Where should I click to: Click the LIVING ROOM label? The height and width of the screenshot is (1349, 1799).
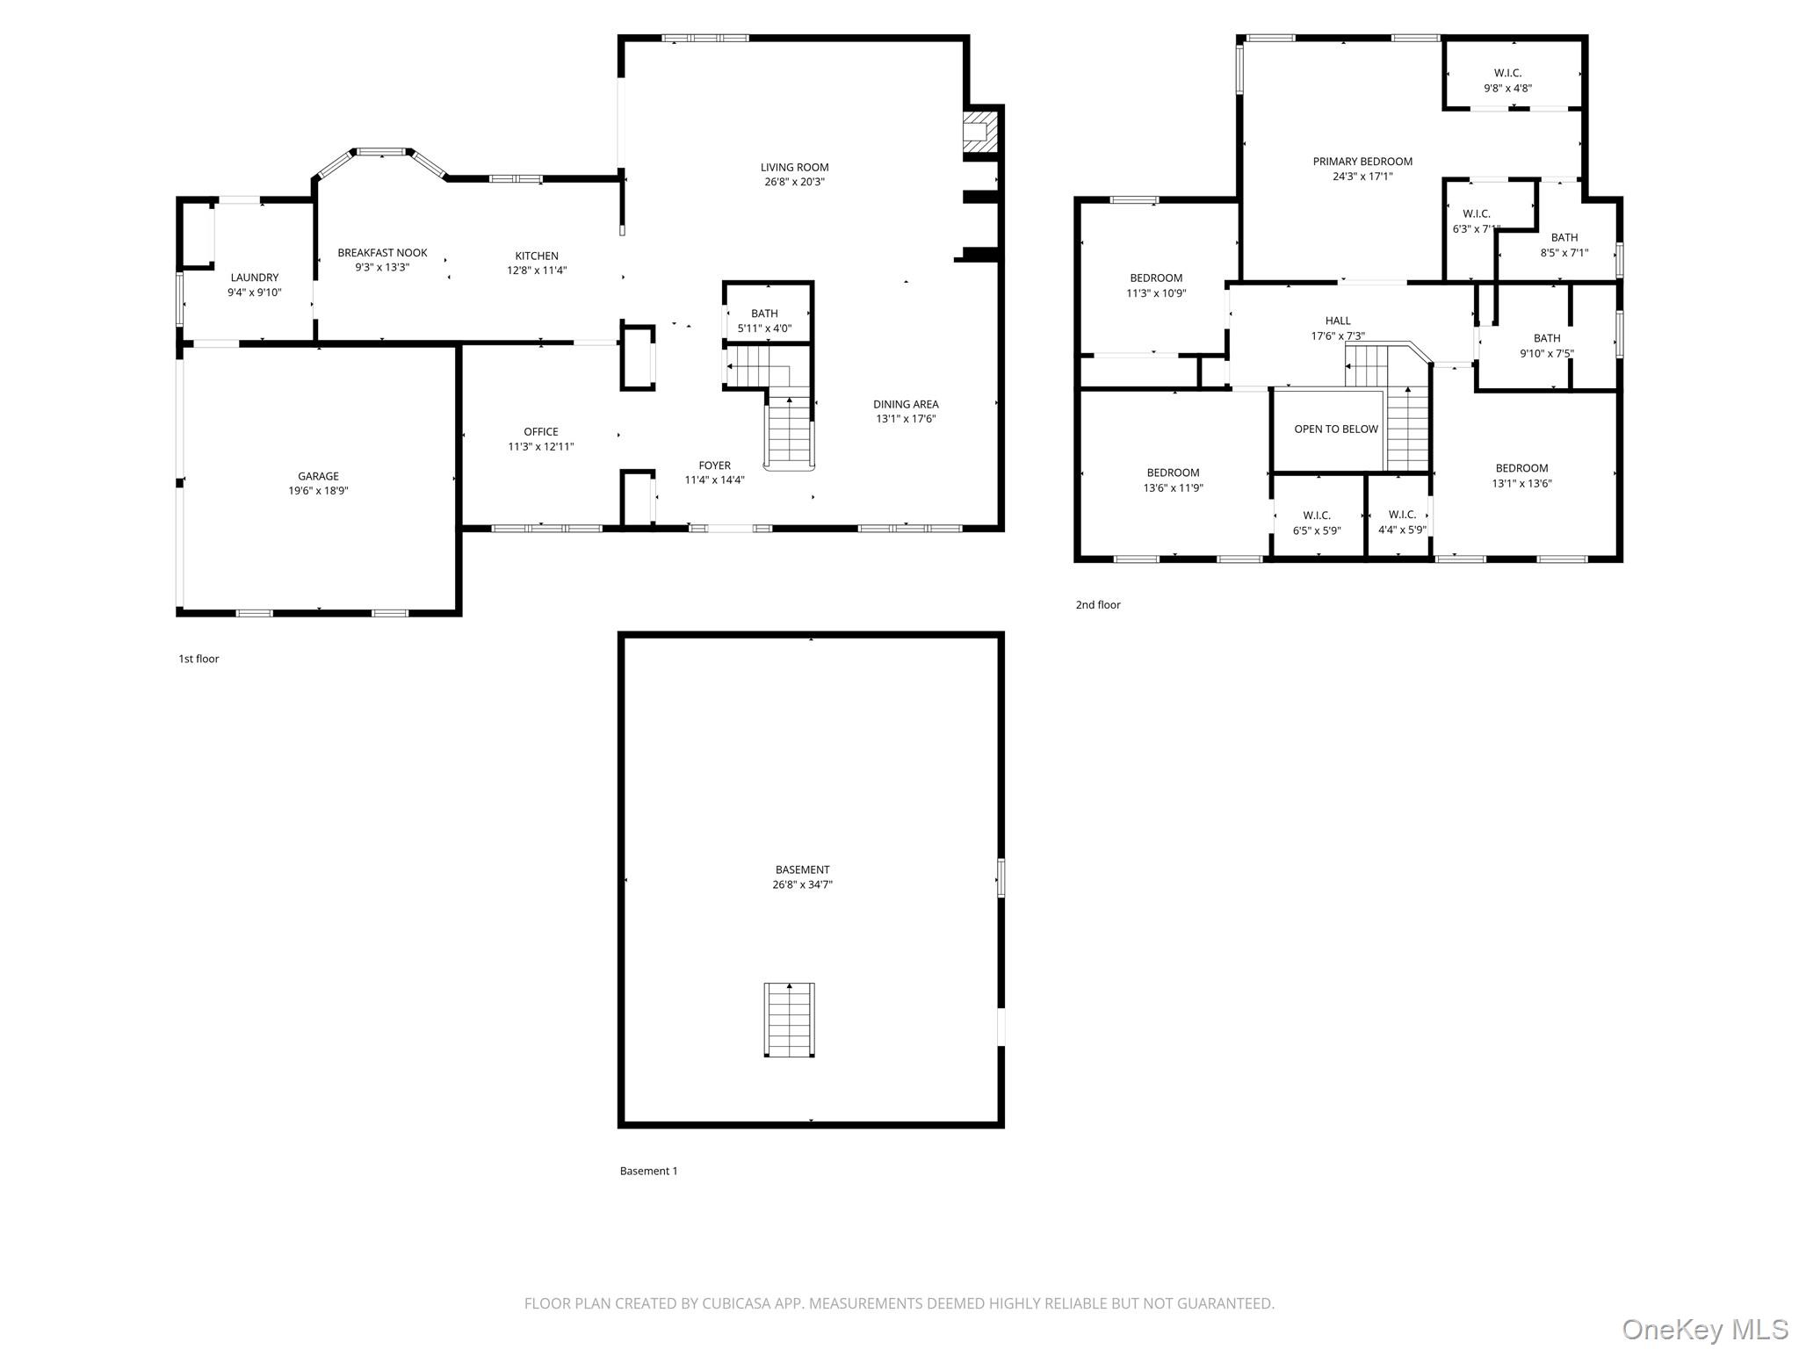pos(794,167)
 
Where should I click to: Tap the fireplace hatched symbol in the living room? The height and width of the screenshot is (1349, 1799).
pos(981,131)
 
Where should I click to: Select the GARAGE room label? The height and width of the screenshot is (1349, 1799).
pos(318,476)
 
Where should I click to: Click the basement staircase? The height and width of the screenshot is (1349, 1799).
pos(789,1020)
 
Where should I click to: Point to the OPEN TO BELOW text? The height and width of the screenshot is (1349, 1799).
pos(1336,429)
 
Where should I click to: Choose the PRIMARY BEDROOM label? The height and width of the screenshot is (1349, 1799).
pos(1362,162)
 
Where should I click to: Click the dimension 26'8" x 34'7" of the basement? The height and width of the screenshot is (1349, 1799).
pos(802,884)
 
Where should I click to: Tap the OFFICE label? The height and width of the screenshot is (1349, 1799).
pos(541,431)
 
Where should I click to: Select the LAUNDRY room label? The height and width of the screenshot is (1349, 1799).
pos(255,278)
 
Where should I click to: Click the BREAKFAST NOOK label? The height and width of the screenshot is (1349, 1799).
pos(382,253)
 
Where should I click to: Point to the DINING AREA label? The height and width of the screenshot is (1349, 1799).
pos(906,404)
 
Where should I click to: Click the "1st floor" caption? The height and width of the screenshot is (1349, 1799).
pos(199,659)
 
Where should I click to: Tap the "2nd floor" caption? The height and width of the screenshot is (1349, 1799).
pos(1098,604)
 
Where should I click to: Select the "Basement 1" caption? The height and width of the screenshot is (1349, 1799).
pos(648,1171)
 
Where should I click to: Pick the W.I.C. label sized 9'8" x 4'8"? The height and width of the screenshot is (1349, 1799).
pos(1507,73)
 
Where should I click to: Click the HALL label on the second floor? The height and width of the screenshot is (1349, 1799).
pos(1338,321)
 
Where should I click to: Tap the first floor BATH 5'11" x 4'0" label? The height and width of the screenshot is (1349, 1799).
pos(764,314)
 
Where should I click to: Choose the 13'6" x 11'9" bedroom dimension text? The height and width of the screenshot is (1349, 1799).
pos(1173,487)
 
